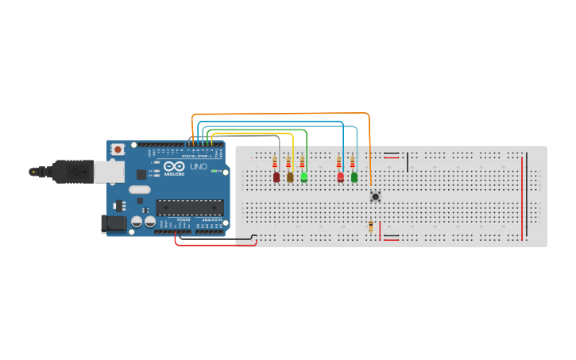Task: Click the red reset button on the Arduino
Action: pyautogui.click(x=118, y=149)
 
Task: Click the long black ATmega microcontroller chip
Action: pyautogui.click(x=189, y=208)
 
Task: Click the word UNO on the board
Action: pyautogui.click(x=198, y=168)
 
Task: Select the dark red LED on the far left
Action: pyautogui.click(x=276, y=177)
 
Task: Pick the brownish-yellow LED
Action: pyautogui.click(x=290, y=177)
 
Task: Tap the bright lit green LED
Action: pyautogui.click(x=303, y=177)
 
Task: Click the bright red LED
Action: pyautogui.click(x=341, y=177)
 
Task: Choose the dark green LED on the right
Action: pyautogui.click(x=354, y=177)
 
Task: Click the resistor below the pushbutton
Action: pyautogui.click(x=371, y=226)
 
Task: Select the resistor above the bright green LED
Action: pyautogui.click(x=302, y=163)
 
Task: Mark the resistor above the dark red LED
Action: pyautogui.click(x=275, y=163)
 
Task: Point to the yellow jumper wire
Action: pyautogui.click(x=254, y=134)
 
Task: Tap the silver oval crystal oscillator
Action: pyautogui.click(x=138, y=190)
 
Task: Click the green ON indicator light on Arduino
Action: pyautogui.click(x=214, y=171)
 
